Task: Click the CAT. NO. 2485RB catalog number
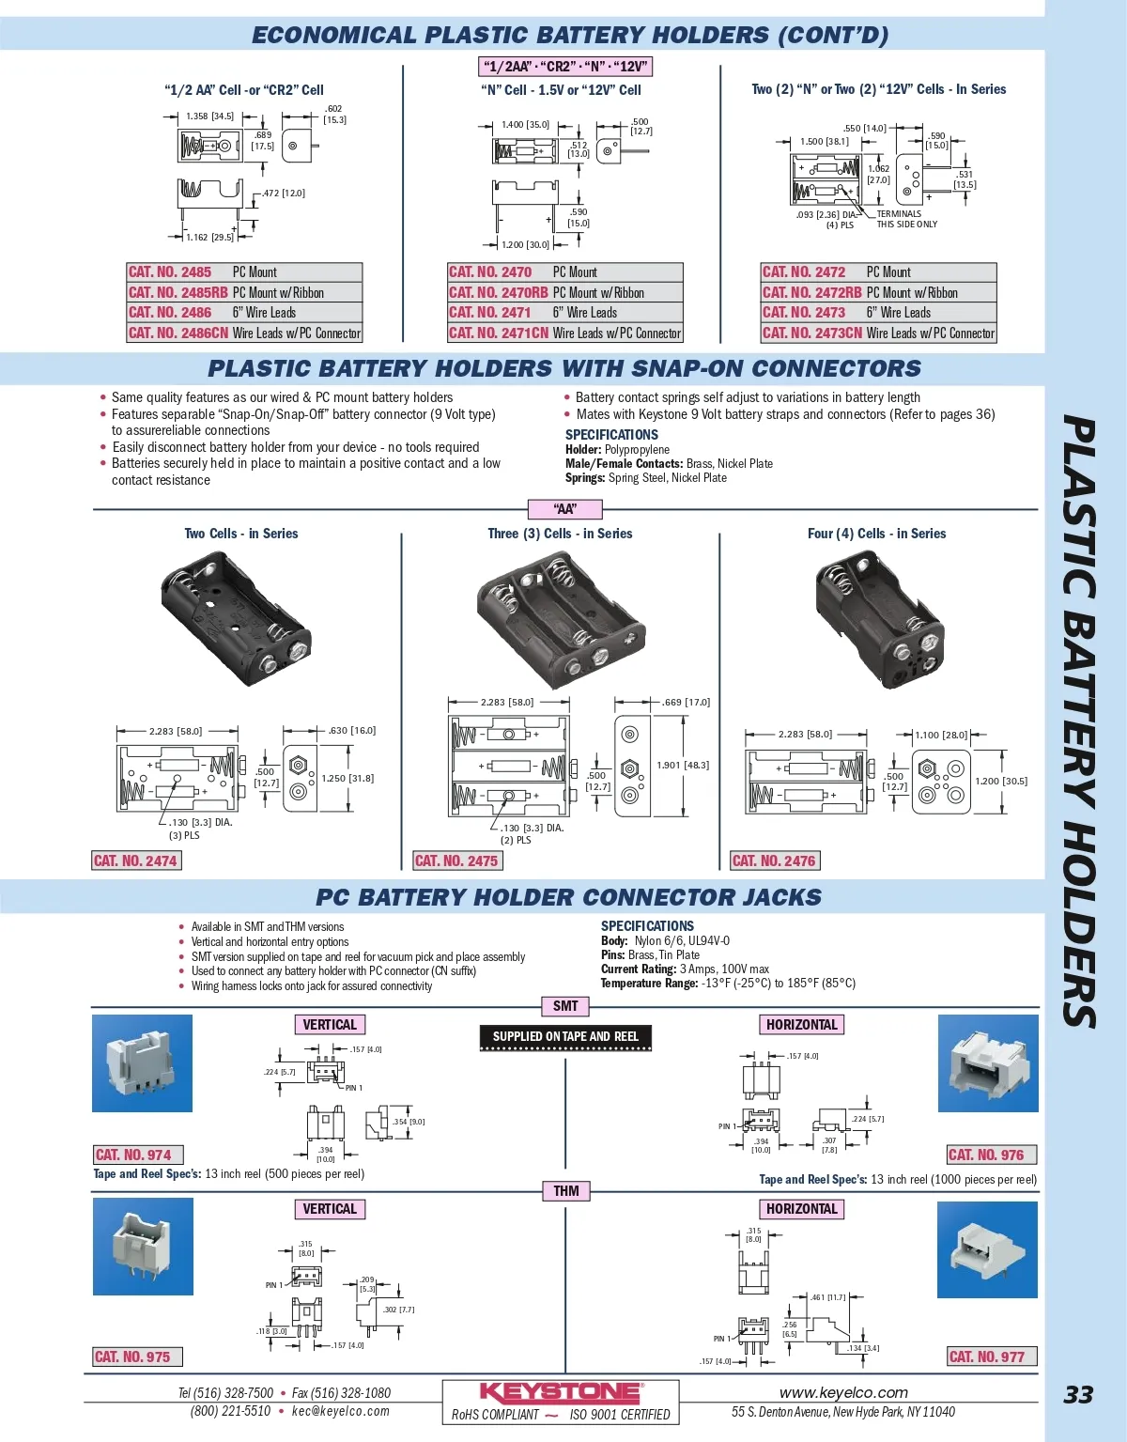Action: [x=178, y=292]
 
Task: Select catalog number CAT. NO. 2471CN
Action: [x=499, y=333]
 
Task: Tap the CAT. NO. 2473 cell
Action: [x=804, y=312]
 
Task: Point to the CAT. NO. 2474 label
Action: [x=135, y=861]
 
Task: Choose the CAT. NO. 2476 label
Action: [x=774, y=861]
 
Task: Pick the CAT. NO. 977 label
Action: [x=987, y=1357]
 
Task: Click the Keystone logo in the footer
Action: [x=561, y=1392]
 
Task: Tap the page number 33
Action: [x=1078, y=1395]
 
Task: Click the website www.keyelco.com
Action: [x=843, y=1392]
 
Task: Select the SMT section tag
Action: [x=565, y=1006]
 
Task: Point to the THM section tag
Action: [x=565, y=1191]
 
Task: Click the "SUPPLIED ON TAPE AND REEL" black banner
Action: [x=565, y=1037]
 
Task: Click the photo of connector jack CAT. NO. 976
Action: [x=988, y=1063]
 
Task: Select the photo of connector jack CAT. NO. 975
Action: [x=143, y=1247]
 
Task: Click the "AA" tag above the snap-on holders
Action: [x=565, y=509]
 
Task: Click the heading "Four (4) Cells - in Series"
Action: [x=876, y=534]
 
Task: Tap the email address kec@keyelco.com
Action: [x=340, y=1411]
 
